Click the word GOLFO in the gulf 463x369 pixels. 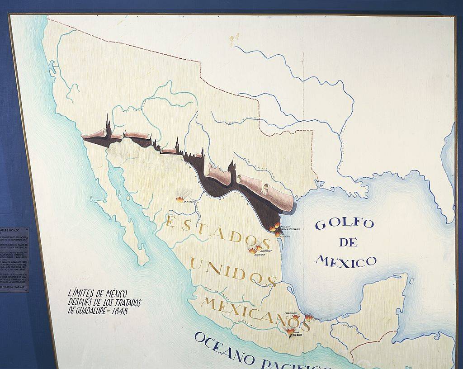click(345, 224)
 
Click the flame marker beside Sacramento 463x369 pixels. click(180, 199)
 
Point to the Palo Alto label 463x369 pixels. click(285, 226)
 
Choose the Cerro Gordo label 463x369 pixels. click(290, 313)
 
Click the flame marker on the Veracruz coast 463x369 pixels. click(309, 317)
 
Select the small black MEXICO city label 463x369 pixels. click(297, 335)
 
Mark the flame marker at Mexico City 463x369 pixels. click(290, 331)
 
